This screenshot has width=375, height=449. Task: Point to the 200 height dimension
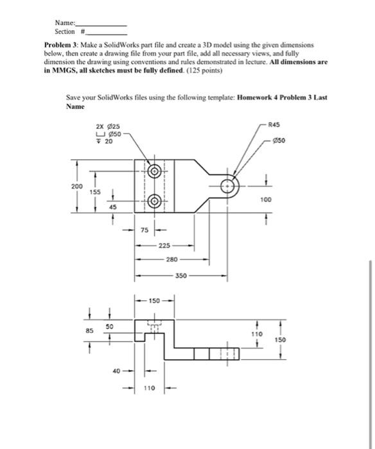(x=76, y=186)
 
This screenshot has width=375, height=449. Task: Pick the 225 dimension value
(x=165, y=245)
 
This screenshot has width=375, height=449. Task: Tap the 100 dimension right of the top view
(x=266, y=200)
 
